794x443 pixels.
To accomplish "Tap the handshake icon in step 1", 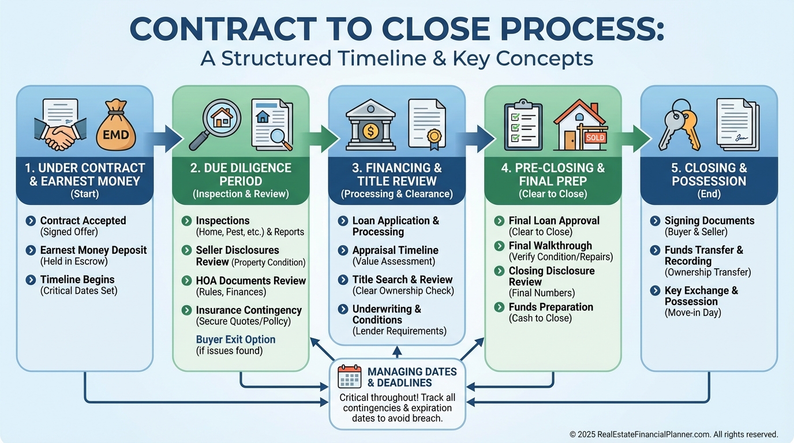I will (59, 136).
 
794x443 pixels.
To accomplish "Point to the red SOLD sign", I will (595, 138).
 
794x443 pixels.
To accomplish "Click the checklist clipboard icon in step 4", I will (523, 124).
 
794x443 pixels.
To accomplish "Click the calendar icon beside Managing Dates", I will (349, 376).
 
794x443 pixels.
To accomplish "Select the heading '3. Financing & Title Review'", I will (396, 174).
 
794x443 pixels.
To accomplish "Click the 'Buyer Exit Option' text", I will (235, 339).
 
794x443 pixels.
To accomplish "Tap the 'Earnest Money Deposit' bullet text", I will (93, 250).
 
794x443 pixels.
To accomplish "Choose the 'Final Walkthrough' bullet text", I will (550, 246).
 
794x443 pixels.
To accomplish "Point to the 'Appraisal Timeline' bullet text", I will (395, 250).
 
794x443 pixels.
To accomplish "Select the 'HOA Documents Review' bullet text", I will (250, 281).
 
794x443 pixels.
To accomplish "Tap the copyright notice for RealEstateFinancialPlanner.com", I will (673, 434).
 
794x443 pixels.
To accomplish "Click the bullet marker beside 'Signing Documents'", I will (655, 221).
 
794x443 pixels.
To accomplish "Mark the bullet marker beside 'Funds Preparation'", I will (499, 307).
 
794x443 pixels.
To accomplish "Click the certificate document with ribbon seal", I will (426, 124).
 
